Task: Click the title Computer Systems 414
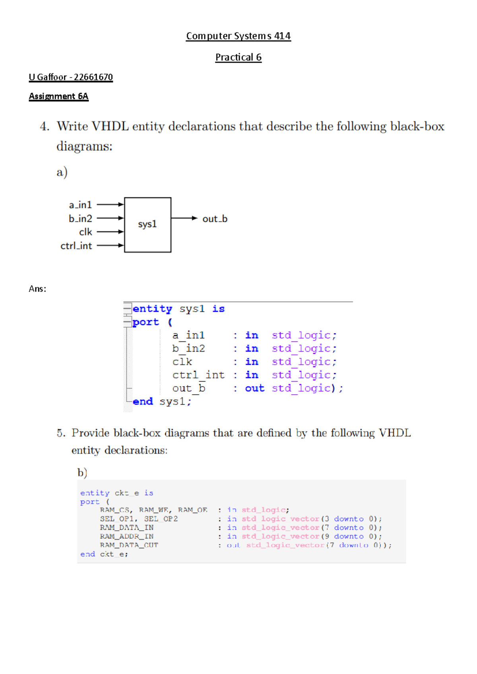(x=238, y=36)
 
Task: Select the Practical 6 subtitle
(x=238, y=58)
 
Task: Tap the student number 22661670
(x=93, y=77)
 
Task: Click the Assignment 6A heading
(x=58, y=97)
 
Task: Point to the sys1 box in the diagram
(x=147, y=225)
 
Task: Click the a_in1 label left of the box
(x=80, y=205)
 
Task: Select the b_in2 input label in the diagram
(x=80, y=219)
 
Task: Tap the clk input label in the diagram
(x=85, y=232)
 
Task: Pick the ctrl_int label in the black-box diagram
(x=76, y=246)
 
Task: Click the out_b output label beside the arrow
(x=215, y=219)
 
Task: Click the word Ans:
(x=37, y=289)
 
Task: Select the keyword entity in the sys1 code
(x=152, y=309)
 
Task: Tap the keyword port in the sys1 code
(x=145, y=322)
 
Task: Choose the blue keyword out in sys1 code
(x=254, y=388)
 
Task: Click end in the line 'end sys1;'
(x=143, y=402)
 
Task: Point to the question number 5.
(x=61, y=433)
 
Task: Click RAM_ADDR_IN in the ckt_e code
(x=126, y=536)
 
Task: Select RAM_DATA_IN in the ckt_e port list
(x=126, y=528)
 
